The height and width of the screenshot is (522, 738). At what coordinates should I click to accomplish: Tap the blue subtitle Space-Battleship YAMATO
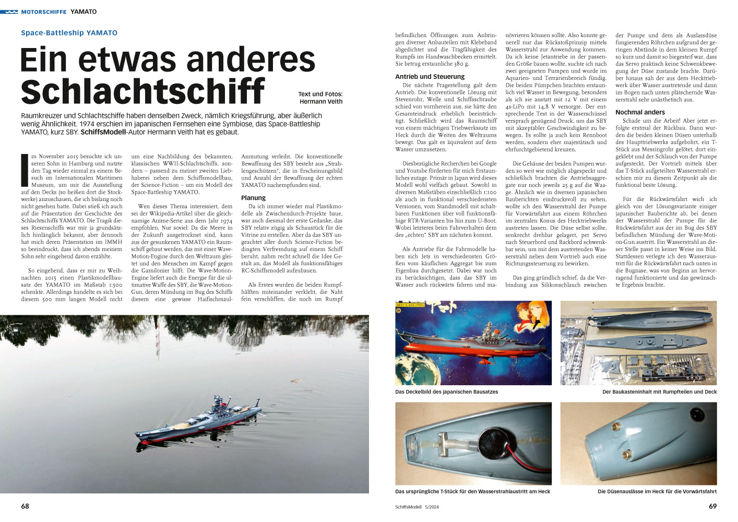[69, 33]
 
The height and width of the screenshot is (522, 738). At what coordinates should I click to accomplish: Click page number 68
[25, 506]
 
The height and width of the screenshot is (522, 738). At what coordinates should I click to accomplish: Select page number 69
[712, 506]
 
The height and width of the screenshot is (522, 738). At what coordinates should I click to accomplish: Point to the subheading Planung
[253, 198]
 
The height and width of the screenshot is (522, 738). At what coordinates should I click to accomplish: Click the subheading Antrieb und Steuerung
[430, 77]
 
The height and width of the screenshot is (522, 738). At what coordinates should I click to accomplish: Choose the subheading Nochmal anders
[640, 112]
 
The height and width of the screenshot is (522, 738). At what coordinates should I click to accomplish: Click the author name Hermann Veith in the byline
[320, 102]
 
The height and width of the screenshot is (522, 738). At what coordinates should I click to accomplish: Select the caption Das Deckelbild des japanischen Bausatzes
[446, 391]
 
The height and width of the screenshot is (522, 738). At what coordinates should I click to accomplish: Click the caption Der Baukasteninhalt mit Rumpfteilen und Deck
[659, 391]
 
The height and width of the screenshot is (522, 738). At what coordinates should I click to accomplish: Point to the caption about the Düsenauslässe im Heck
[657, 491]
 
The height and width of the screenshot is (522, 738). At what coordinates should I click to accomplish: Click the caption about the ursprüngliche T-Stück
[472, 491]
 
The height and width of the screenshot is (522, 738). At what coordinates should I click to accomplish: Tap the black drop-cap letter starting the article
[24, 170]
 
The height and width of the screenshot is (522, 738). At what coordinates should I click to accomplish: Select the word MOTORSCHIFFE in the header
[43, 11]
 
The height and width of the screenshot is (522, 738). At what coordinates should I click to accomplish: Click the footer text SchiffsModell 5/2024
[417, 507]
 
